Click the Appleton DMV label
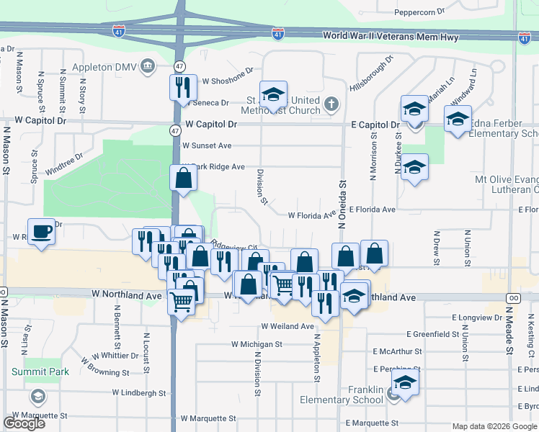pos(106,67)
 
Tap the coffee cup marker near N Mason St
pos(42,232)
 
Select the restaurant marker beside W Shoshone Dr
pos(183,87)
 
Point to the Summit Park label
pos(40,372)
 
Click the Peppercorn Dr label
pos(421,12)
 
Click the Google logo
pos(24,423)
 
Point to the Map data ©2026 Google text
pos(494,426)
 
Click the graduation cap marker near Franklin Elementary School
pos(405,384)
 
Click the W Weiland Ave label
pos(293,327)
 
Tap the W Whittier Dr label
pos(115,356)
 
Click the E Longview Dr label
pos(477,317)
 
